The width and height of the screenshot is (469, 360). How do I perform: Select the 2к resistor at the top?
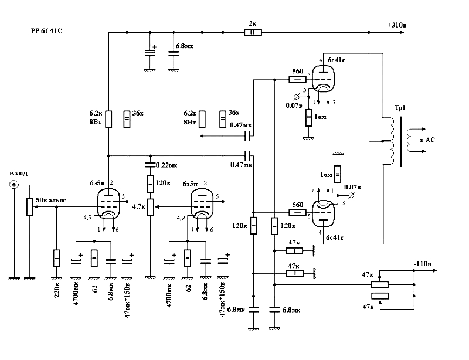[x=253, y=33]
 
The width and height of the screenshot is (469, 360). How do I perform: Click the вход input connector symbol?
[x=13, y=185]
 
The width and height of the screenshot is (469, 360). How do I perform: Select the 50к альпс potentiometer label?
[x=51, y=200]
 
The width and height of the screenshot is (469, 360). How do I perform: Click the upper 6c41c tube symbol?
[x=321, y=79]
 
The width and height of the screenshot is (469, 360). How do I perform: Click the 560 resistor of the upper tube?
[x=297, y=77]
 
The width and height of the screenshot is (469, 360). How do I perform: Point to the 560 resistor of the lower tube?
[x=297, y=212]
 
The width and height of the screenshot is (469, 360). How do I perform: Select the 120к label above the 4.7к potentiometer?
[x=162, y=183]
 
